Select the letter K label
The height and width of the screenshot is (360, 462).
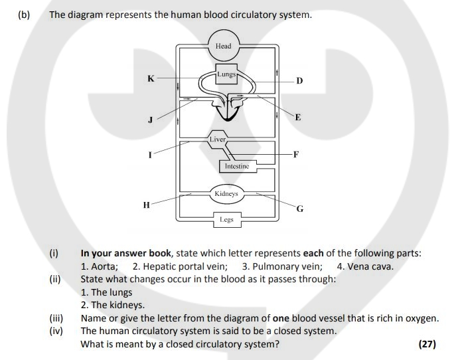tap(151, 78)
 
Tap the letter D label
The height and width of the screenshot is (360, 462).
tap(299, 80)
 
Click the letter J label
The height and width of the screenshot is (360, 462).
tap(150, 120)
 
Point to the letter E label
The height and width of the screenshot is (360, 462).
tap(298, 118)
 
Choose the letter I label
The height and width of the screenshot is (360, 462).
tap(150, 155)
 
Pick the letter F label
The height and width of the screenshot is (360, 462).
tap(296, 154)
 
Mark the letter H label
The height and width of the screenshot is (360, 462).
tap(147, 205)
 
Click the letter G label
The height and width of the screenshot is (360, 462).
tap(300, 209)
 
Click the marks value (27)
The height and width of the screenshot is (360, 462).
tap(427, 344)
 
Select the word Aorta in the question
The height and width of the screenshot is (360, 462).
tap(104, 266)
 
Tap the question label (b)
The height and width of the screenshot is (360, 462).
tap(24, 15)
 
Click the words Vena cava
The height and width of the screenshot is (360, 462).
tap(370, 266)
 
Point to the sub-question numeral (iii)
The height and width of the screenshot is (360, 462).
tap(56, 318)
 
